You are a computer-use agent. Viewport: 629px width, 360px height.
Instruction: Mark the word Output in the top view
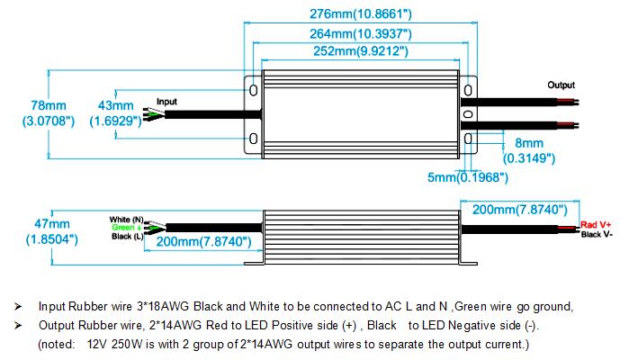[x=562, y=85]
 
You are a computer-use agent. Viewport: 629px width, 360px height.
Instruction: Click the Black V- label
[x=597, y=234]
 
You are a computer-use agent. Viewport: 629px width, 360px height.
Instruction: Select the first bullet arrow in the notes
[x=17, y=306]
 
